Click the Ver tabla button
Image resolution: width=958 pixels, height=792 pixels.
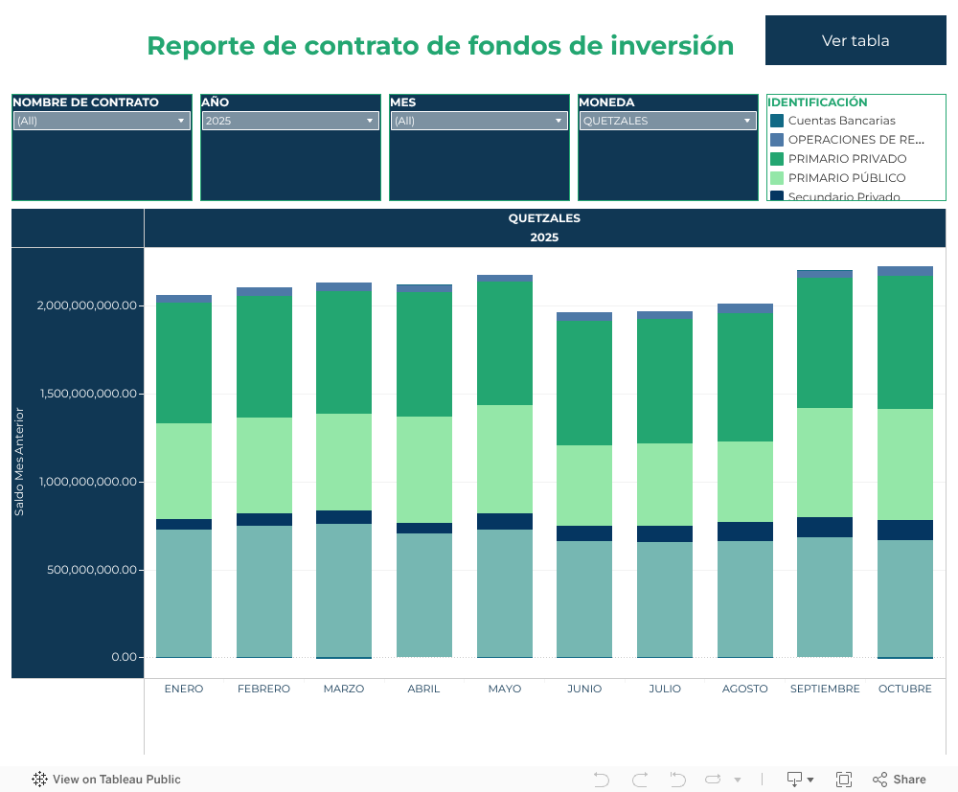pyautogui.click(x=855, y=40)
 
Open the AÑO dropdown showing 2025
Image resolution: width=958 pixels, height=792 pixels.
pyautogui.click(x=290, y=121)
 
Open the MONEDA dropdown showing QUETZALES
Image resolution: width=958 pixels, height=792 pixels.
pyautogui.click(x=668, y=121)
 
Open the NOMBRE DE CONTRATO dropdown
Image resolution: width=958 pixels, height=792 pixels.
pyautogui.click(x=101, y=121)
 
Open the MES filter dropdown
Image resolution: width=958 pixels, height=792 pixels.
pyautogui.click(x=479, y=121)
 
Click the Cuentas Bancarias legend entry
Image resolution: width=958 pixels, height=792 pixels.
pyautogui.click(x=841, y=121)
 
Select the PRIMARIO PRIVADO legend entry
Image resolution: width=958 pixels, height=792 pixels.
pyautogui.click(x=847, y=159)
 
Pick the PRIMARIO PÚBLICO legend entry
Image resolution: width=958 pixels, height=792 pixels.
pyautogui.click(x=846, y=178)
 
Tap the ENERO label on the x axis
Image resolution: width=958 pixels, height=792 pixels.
pyautogui.click(x=184, y=689)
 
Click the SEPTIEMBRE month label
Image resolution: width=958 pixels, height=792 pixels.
pyautogui.click(x=825, y=689)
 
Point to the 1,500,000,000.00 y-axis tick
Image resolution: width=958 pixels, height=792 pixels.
pyautogui.click(x=86, y=394)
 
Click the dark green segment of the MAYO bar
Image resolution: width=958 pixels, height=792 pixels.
pyautogui.click(x=505, y=343)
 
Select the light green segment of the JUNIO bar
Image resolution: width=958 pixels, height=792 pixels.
pyautogui.click(x=584, y=486)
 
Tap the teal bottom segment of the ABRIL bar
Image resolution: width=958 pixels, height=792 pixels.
pyautogui.click(x=424, y=595)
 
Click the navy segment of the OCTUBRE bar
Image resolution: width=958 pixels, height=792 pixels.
pyautogui.click(x=905, y=530)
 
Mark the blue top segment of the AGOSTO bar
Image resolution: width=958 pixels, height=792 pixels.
pyautogui.click(x=745, y=308)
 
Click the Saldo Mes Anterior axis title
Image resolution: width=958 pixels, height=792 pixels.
pyautogui.click(x=20, y=462)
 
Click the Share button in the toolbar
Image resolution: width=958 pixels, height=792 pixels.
pyautogui.click(x=900, y=780)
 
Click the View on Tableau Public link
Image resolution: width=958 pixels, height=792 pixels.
pyautogui.click(x=106, y=780)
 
